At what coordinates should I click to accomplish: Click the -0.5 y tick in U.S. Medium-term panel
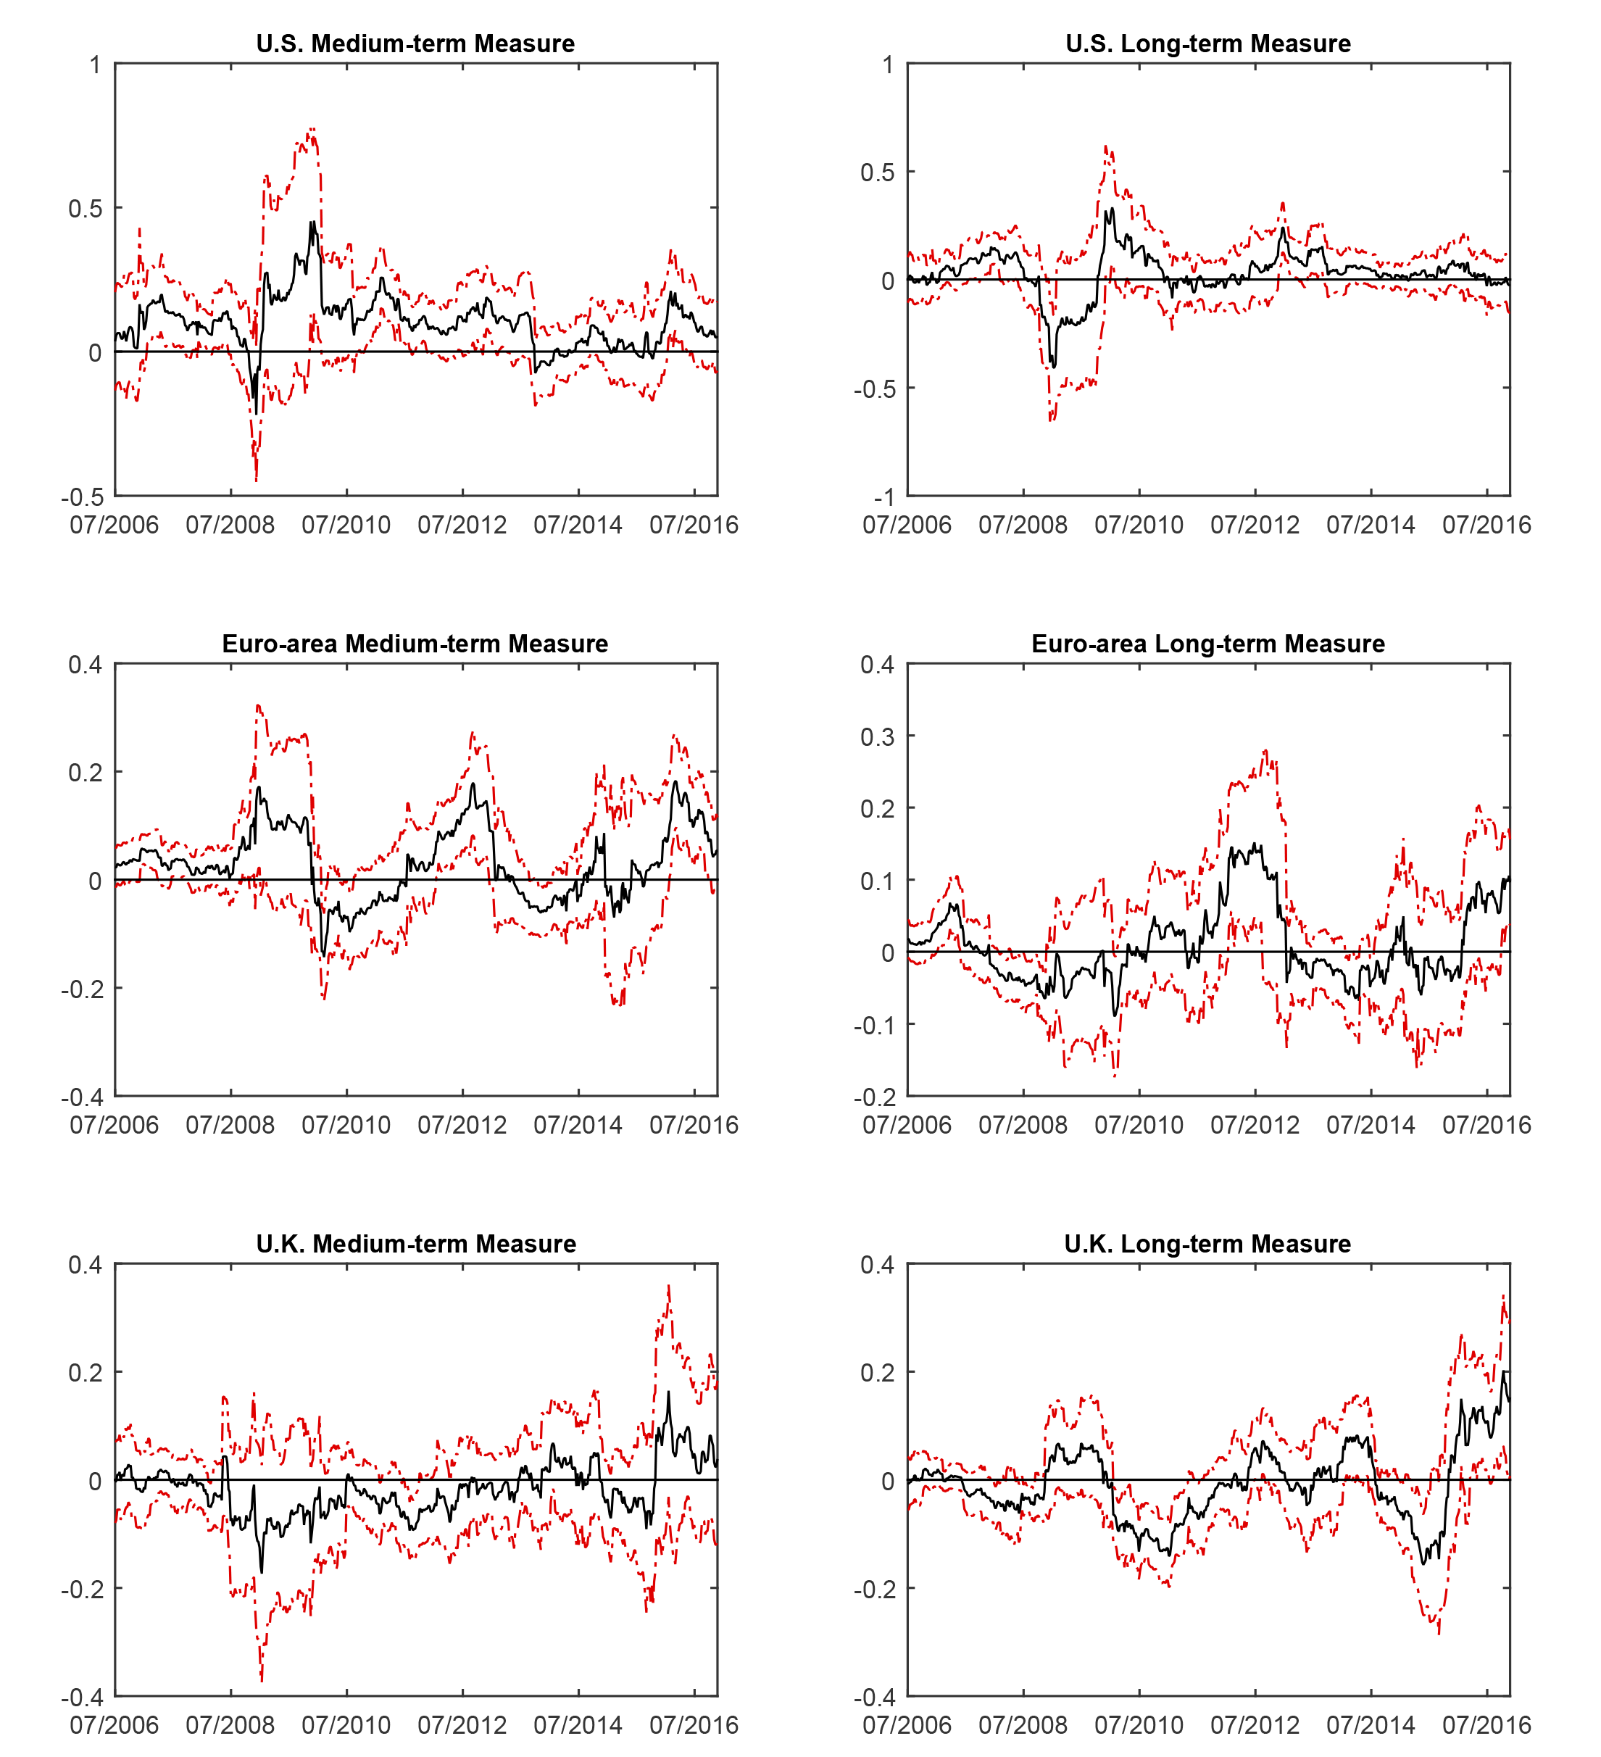(83, 497)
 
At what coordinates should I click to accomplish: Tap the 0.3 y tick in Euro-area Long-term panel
(877, 736)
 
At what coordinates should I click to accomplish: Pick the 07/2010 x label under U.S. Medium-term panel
(346, 525)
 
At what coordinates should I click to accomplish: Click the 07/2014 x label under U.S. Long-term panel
(1370, 525)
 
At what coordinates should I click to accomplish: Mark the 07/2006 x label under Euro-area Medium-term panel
(115, 1125)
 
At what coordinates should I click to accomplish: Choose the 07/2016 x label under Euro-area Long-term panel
(1486, 1125)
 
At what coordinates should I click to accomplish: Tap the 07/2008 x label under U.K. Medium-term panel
(230, 1725)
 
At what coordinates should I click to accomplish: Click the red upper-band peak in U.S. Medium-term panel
(312, 129)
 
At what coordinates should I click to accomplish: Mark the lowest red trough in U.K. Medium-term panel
(262, 1679)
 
